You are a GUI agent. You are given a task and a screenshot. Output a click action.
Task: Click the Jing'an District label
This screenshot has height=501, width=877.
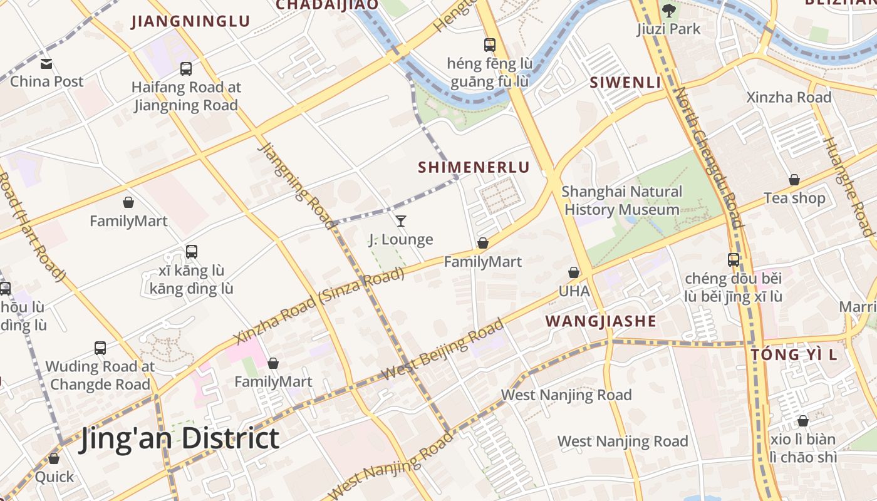(179, 438)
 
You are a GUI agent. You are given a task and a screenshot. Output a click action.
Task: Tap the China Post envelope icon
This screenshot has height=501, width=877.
(46, 63)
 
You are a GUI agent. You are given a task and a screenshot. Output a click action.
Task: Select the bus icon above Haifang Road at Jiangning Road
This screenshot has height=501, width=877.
(186, 69)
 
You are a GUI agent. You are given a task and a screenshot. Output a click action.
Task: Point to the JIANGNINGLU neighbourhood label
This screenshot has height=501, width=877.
(190, 21)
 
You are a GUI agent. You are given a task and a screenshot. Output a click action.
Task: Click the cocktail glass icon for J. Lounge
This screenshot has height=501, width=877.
(401, 220)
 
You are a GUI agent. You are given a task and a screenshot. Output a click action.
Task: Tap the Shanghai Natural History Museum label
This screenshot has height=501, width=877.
(622, 200)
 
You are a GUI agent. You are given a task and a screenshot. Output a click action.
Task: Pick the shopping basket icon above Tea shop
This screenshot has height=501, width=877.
(794, 180)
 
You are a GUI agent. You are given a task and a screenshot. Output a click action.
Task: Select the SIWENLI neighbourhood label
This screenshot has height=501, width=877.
(626, 83)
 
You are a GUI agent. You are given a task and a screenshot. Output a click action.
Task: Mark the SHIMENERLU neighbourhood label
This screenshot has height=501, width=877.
(474, 167)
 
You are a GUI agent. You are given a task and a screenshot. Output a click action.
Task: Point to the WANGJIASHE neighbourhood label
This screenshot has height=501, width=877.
(601, 321)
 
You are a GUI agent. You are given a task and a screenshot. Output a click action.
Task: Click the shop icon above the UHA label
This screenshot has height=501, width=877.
(574, 272)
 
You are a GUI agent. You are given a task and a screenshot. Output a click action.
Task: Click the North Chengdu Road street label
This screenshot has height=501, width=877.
(708, 157)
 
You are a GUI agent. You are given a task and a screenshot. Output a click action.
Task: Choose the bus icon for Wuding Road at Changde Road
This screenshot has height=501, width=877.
(100, 348)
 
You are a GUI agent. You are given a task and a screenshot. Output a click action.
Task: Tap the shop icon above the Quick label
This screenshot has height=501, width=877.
(54, 458)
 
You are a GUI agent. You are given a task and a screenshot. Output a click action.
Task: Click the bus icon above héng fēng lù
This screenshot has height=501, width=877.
(490, 45)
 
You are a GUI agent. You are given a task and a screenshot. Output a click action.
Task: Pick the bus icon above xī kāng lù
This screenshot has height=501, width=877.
(192, 252)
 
